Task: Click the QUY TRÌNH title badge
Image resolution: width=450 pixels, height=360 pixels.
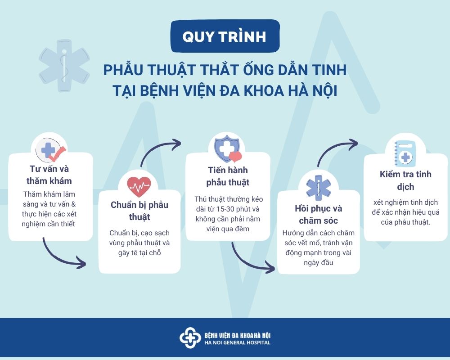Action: point(225,36)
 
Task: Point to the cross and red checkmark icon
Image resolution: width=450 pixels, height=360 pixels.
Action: point(50,150)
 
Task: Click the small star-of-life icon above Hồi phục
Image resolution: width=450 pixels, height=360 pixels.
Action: point(319,188)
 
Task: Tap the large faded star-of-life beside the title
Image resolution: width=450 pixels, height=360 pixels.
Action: point(64,66)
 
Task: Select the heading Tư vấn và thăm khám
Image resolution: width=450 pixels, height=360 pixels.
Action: point(49,175)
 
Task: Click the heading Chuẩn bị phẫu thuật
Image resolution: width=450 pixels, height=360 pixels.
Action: point(139,211)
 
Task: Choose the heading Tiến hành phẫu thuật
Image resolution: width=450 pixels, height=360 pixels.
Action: point(228,176)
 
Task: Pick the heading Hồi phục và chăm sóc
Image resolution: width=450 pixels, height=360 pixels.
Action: point(319,215)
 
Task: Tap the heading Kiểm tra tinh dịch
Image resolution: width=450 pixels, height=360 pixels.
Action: point(405,180)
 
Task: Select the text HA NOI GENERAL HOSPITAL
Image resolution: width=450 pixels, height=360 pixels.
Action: point(237,343)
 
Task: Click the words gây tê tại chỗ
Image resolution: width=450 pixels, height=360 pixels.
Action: point(139,253)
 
